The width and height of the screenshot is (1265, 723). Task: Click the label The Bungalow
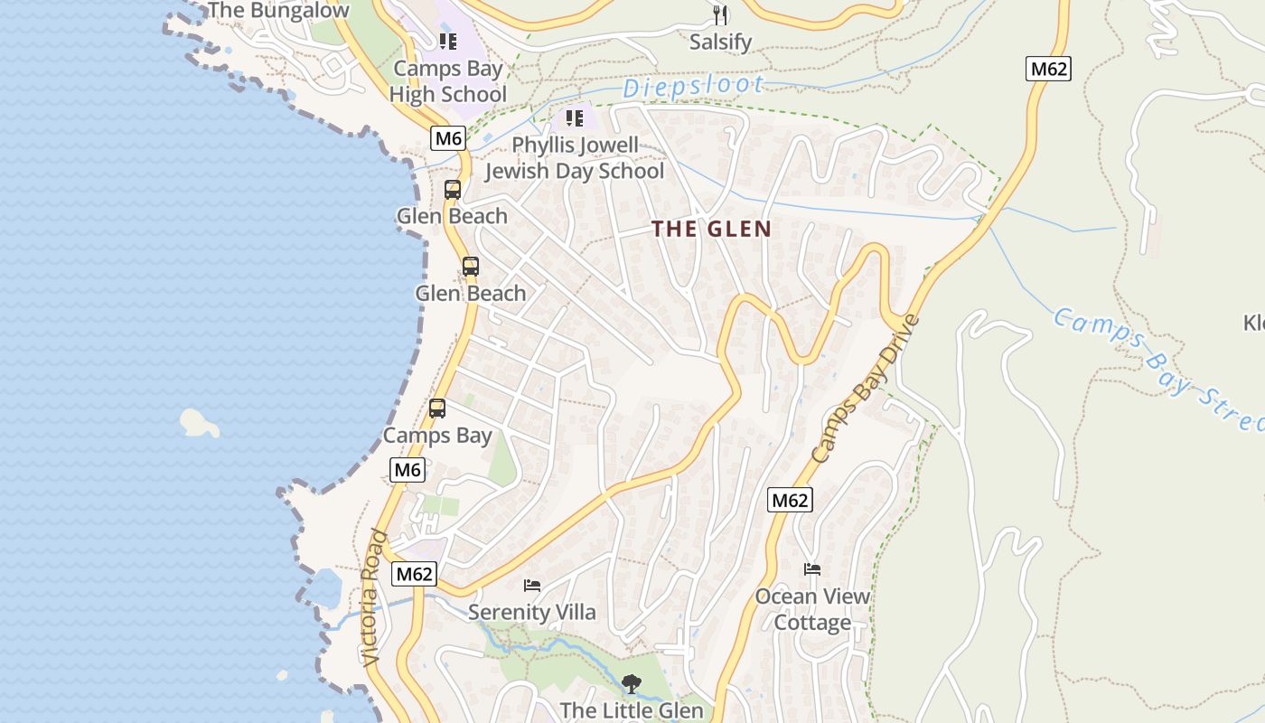click(x=277, y=11)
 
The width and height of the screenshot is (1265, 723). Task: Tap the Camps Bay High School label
click(x=448, y=81)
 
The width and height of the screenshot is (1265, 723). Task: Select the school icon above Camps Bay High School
click(x=448, y=42)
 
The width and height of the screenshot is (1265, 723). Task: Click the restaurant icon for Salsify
click(x=720, y=14)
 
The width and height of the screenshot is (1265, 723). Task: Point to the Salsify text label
click(x=720, y=42)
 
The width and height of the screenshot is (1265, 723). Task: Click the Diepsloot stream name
click(x=693, y=87)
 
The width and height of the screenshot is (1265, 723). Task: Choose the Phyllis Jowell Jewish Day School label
click(x=575, y=158)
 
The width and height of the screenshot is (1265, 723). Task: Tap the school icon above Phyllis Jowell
click(x=575, y=118)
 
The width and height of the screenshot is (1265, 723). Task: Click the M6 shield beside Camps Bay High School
click(x=448, y=138)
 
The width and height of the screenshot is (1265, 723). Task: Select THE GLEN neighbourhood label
click(x=712, y=229)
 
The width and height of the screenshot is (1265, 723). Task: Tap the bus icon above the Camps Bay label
click(x=437, y=408)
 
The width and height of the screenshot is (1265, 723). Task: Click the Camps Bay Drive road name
click(x=864, y=389)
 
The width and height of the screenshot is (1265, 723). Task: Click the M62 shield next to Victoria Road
click(x=415, y=574)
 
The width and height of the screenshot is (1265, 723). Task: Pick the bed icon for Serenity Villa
click(x=532, y=586)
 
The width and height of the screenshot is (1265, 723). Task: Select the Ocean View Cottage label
click(x=812, y=609)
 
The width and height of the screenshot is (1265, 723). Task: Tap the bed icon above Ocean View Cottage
click(x=812, y=569)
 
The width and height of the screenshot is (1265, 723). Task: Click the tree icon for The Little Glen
click(x=631, y=684)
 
